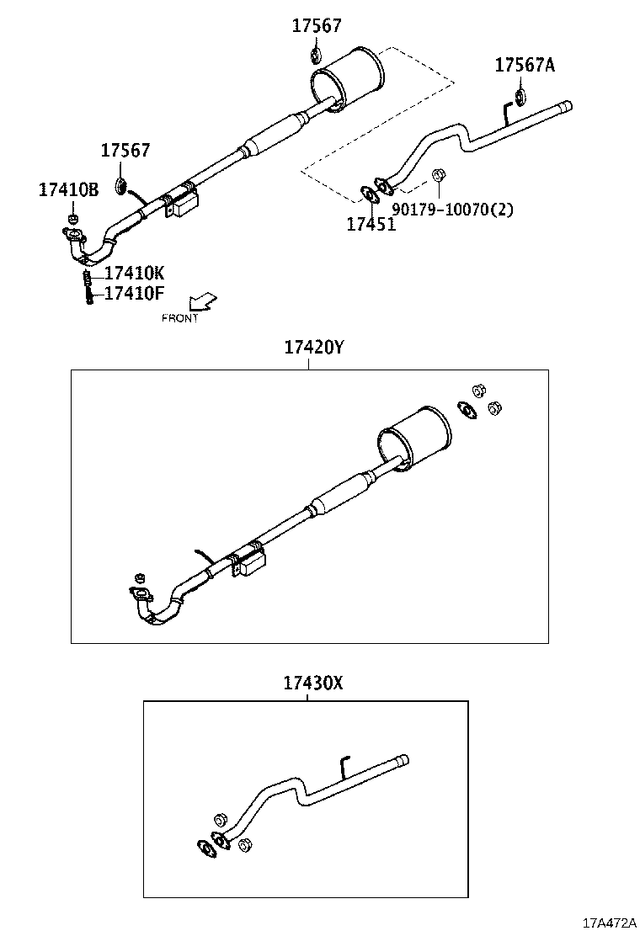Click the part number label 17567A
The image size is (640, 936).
pos(525,65)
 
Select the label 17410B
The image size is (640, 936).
pos(68,189)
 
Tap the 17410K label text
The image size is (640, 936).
pos(135,274)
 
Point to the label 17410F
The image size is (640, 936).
pos(135,294)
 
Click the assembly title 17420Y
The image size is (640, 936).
pos(313,347)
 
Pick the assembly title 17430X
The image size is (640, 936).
pos(313,683)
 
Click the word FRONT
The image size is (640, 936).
pos(180,318)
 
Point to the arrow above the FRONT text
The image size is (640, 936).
pos(202,301)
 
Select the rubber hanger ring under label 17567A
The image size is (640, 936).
pos(520,96)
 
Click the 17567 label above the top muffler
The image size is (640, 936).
pos(317,26)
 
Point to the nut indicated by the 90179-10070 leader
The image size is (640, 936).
pos(438,175)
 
